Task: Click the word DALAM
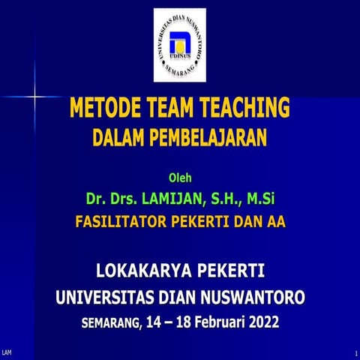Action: point(120,137)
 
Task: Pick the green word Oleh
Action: point(179,178)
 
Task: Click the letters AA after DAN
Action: point(277,221)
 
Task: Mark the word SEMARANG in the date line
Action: point(109,323)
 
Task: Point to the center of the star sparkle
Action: point(35,96)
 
